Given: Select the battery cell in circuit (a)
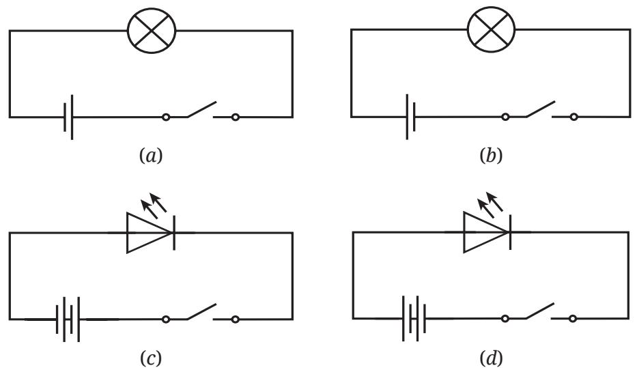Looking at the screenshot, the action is click(68, 117).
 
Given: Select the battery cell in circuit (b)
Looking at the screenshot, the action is click(410, 117).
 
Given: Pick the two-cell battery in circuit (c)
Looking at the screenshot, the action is click(68, 320).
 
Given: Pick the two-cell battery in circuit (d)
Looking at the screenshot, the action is click(414, 318).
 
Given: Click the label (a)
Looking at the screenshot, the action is click(151, 156).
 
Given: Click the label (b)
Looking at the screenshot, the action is click(491, 156).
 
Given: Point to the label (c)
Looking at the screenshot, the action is click(151, 358).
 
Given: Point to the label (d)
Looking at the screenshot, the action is click(491, 358).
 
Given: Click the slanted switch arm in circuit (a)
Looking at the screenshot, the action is click(201, 109).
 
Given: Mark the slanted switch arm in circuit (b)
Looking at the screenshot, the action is click(541, 109).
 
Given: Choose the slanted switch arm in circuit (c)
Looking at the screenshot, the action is click(201, 311).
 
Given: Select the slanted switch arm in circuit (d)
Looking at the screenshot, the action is click(540, 311).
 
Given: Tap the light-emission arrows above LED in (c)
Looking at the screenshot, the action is click(154, 205).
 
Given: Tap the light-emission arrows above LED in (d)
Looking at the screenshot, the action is click(490, 205).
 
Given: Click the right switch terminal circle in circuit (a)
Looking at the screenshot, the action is click(235, 117).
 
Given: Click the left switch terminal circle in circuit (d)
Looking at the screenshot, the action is click(505, 319).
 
